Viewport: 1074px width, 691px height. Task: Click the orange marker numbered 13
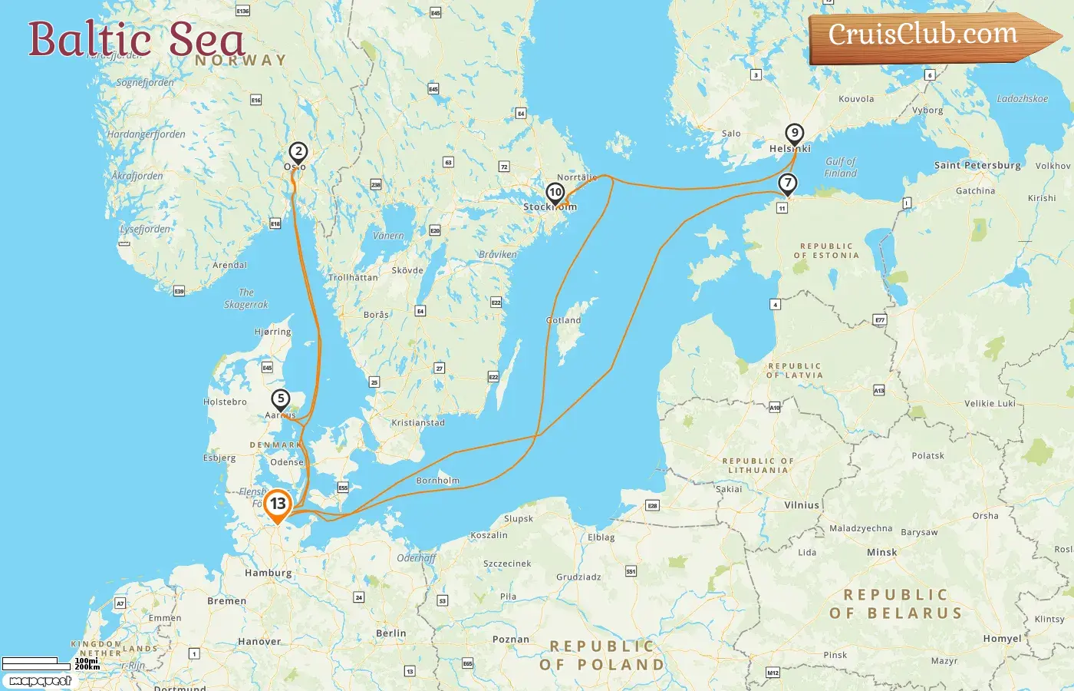(278, 504)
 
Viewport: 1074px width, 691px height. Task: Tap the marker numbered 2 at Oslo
(298, 152)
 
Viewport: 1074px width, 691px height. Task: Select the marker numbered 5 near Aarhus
(281, 399)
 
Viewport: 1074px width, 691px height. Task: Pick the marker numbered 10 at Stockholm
(555, 193)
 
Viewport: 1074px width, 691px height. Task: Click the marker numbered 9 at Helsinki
(795, 134)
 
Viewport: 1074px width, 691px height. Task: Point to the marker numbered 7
(787, 183)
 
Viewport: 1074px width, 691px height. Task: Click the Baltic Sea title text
(137, 40)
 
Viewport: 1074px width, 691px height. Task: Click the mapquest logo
(40, 681)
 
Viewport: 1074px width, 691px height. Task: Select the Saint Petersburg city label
(977, 165)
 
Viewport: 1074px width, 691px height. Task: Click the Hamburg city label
(268, 573)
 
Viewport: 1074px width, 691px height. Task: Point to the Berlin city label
(390, 633)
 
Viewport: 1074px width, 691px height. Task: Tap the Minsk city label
(881, 552)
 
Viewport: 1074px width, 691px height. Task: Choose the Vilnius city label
(802, 505)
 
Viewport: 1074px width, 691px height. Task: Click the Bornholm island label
(437, 481)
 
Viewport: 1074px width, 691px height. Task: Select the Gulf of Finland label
(840, 167)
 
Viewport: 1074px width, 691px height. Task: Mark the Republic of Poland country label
(601, 656)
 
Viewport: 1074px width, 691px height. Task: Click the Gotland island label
(564, 320)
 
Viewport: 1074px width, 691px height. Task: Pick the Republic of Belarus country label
(896, 604)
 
